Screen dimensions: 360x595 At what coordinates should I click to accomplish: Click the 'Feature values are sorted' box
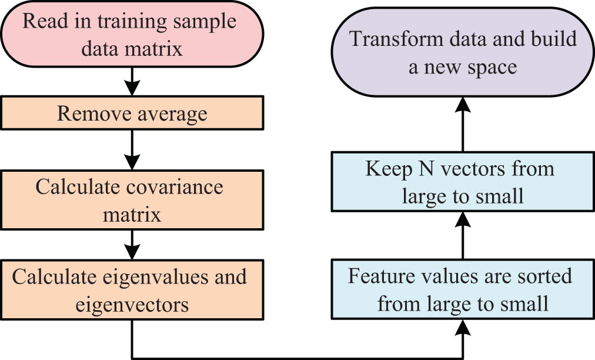coord(462,290)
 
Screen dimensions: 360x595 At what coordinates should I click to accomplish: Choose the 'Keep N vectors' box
coord(462,181)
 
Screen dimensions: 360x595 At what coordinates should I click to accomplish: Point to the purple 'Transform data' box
coord(462,53)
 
